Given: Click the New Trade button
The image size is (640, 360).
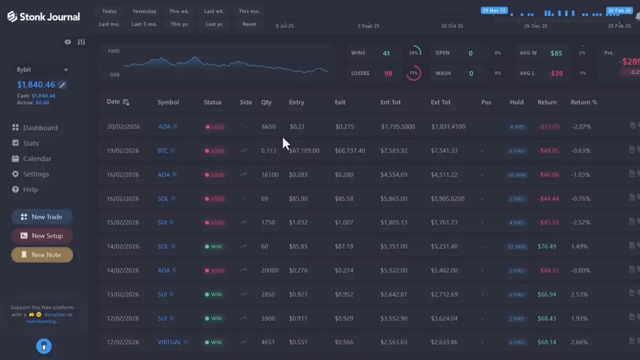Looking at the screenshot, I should (x=42, y=217).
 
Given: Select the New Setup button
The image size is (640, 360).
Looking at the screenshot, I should (x=42, y=236).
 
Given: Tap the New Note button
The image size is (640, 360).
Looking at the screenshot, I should (x=42, y=255).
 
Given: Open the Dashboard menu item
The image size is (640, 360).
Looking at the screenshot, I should (x=40, y=128).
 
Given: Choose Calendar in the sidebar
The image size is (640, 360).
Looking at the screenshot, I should (x=37, y=159).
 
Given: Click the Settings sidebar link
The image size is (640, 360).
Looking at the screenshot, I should (x=36, y=174).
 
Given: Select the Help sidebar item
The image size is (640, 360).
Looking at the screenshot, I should (x=30, y=190).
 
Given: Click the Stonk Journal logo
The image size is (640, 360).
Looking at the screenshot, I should (x=44, y=17).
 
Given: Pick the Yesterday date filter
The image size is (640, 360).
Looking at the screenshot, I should (x=145, y=11).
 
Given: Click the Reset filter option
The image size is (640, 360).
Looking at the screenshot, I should (x=249, y=24).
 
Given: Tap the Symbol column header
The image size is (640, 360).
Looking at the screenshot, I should (x=168, y=102).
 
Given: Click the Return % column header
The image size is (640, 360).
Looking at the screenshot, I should (x=584, y=102).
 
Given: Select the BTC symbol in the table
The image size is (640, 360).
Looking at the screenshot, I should (x=163, y=151).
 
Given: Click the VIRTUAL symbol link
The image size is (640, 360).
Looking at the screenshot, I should (x=170, y=342).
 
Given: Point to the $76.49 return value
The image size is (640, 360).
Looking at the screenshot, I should (x=547, y=246).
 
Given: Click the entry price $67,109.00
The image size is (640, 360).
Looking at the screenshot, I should (x=305, y=151).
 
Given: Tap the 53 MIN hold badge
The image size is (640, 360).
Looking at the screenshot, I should (x=516, y=247).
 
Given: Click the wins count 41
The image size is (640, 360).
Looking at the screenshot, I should (x=386, y=53).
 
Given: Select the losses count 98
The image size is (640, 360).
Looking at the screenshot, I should (x=388, y=74).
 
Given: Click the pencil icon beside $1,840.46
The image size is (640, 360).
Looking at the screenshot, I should (x=62, y=85).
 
